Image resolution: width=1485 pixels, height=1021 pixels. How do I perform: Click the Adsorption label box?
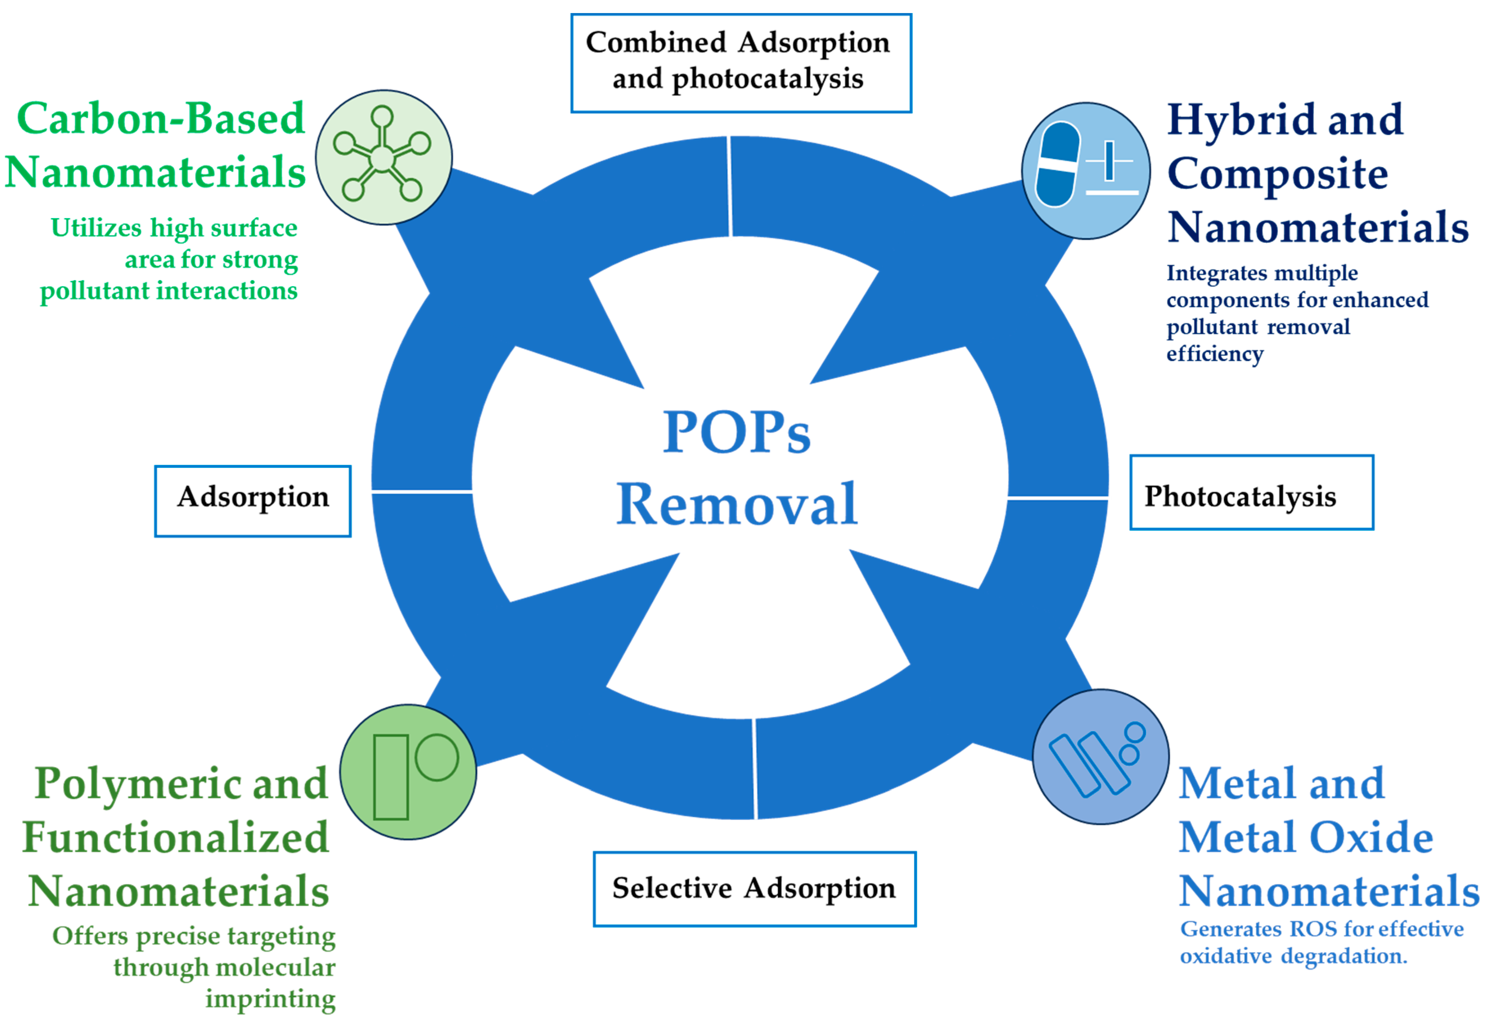tap(253, 501)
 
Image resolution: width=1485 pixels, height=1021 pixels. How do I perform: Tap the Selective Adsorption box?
tap(754, 889)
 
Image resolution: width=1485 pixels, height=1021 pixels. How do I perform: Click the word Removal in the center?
tap(737, 505)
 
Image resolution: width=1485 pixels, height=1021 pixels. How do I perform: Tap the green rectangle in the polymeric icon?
tap(391, 777)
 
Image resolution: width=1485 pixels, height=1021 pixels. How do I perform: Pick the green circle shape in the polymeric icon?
tap(437, 757)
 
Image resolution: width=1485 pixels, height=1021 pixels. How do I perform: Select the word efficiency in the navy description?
tap(1214, 354)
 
